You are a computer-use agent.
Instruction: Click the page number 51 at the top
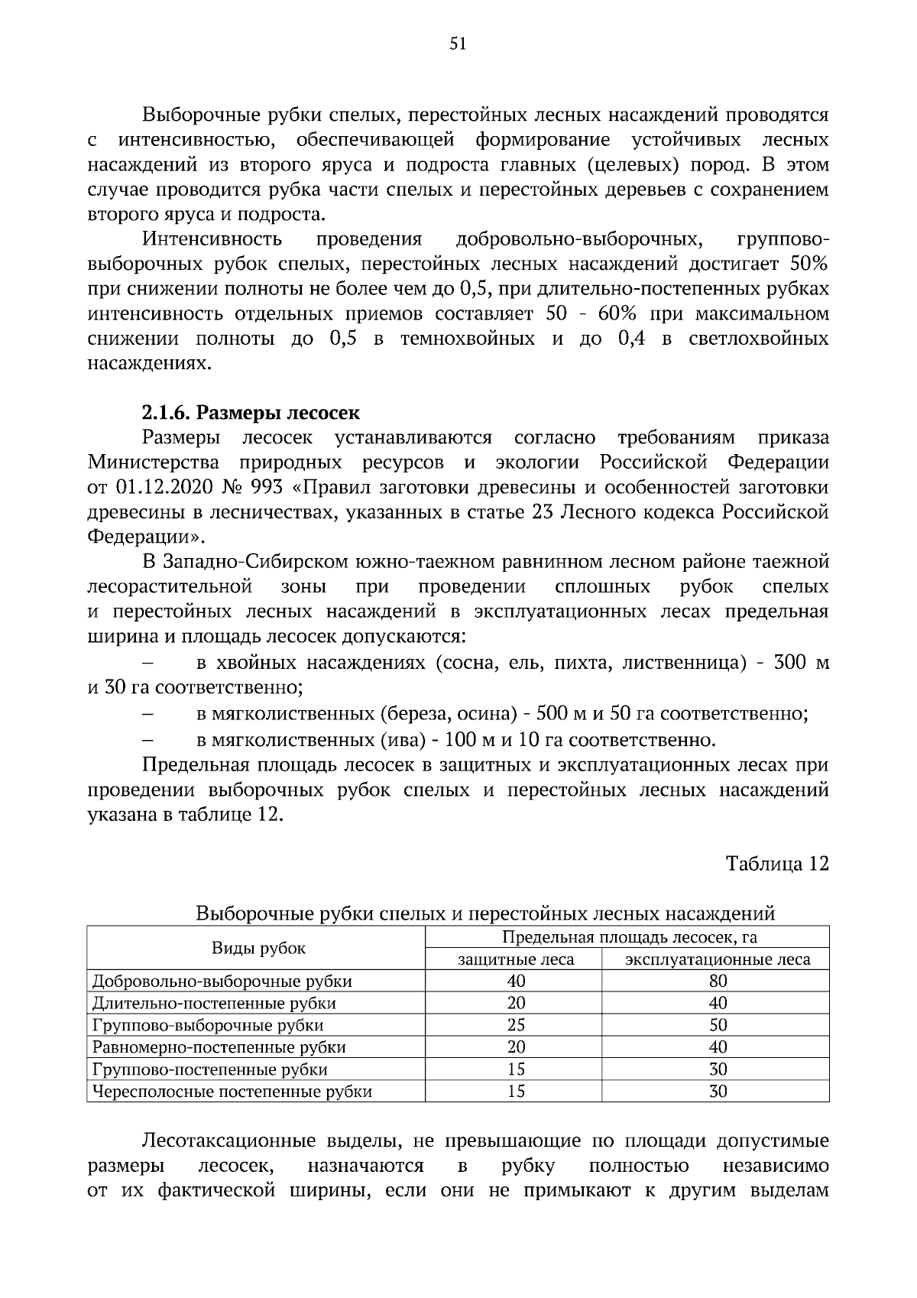coord(458,44)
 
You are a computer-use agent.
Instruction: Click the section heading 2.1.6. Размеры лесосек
coord(251,413)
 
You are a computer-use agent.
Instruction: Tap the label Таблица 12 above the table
coord(776,864)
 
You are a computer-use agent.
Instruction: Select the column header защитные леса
coord(516,959)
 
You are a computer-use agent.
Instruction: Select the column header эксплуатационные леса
coord(718,959)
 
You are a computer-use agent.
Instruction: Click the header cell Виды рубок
coord(258,948)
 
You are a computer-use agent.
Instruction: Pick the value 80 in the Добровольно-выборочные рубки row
coord(718,981)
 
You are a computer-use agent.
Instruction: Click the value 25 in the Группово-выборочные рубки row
coord(516,1025)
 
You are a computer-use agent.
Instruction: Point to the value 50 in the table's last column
coord(718,1025)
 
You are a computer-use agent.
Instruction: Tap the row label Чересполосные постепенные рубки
coord(232,1092)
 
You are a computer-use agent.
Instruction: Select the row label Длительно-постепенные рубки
coord(214,1003)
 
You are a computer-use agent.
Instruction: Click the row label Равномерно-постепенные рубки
coord(219,1047)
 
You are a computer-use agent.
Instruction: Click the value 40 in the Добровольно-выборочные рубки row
coord(516,981)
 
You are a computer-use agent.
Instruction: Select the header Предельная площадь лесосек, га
coord(629,937)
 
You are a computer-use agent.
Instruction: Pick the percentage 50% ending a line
coord(808,264)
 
